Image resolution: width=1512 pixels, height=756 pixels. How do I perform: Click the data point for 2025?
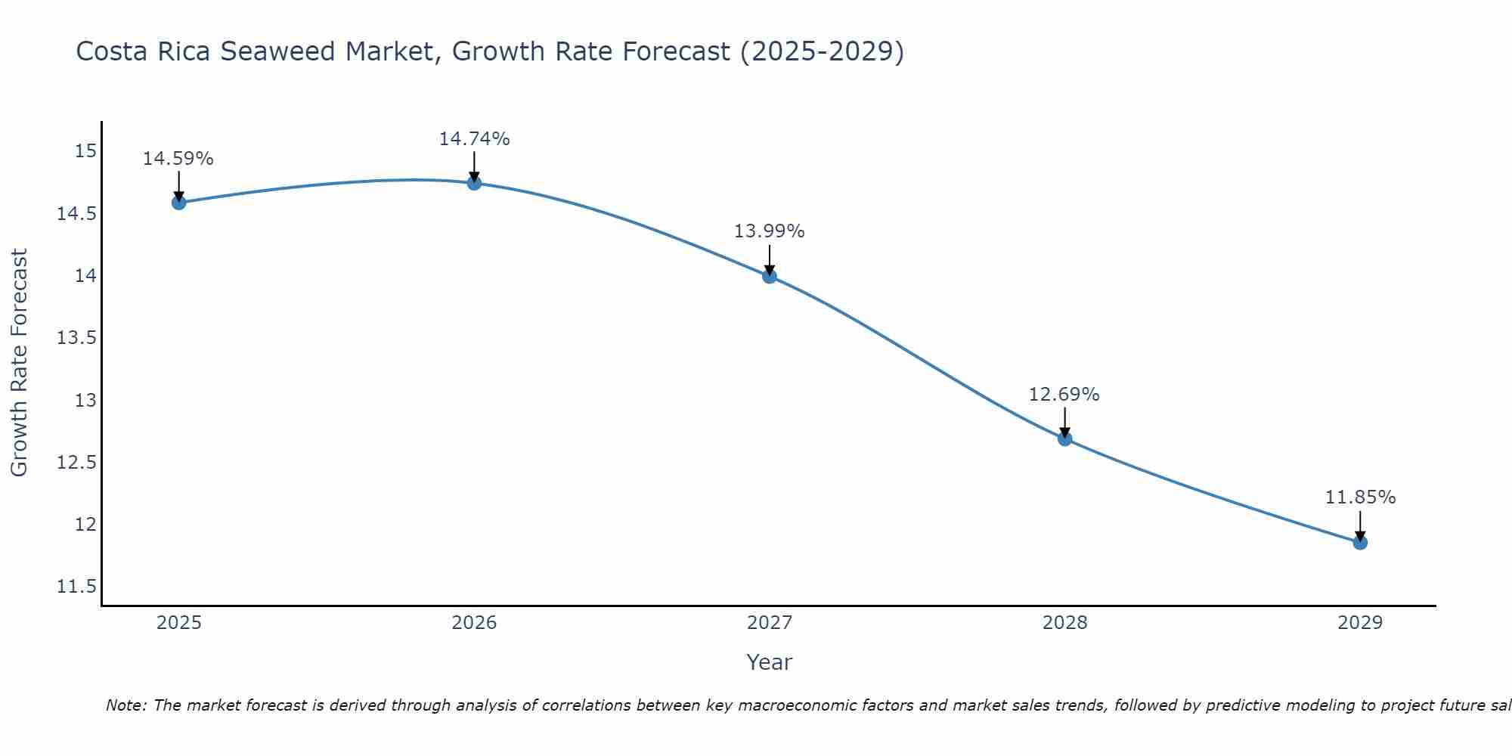point(178,202)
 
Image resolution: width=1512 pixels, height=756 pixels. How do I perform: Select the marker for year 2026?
point(474,183)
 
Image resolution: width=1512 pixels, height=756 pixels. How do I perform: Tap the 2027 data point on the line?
point(770,276)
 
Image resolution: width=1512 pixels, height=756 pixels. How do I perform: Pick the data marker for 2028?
point(1064,438)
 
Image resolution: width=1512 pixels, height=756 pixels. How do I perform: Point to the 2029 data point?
point(1360,542)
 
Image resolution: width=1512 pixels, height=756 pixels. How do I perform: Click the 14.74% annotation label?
point(474,139)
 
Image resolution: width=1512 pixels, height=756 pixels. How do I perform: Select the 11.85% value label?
point(1360,497)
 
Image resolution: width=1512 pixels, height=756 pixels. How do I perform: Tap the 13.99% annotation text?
point(770,231)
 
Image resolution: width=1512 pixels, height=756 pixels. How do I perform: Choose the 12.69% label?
point(1064,395)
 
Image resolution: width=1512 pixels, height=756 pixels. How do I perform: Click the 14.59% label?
point(178,159)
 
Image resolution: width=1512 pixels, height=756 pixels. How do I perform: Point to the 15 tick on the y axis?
point(85,151)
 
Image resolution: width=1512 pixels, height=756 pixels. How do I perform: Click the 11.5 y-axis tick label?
point(76,587)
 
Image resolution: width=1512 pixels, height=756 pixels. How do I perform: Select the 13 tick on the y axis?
point(85,400)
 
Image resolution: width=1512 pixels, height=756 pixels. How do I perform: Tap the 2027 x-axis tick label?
point(770,623)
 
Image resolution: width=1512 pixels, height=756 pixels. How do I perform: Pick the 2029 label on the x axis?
point(1360,623)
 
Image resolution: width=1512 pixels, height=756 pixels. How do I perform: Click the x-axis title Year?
point(769,662)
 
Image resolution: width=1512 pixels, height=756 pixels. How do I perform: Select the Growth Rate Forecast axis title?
point(19,362)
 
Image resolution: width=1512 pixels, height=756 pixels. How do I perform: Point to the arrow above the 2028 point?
point(1064,422)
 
